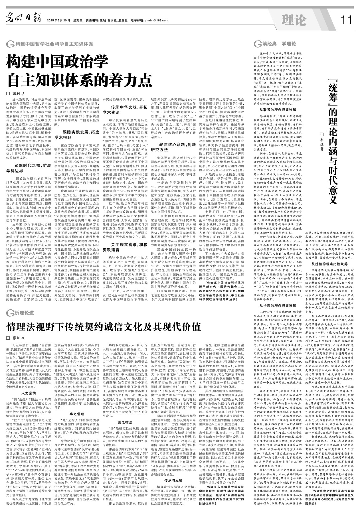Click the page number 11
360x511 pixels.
pyautogui.click(x=346, y=20)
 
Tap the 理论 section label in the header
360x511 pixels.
pyautogui.click(x=294, y=20)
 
